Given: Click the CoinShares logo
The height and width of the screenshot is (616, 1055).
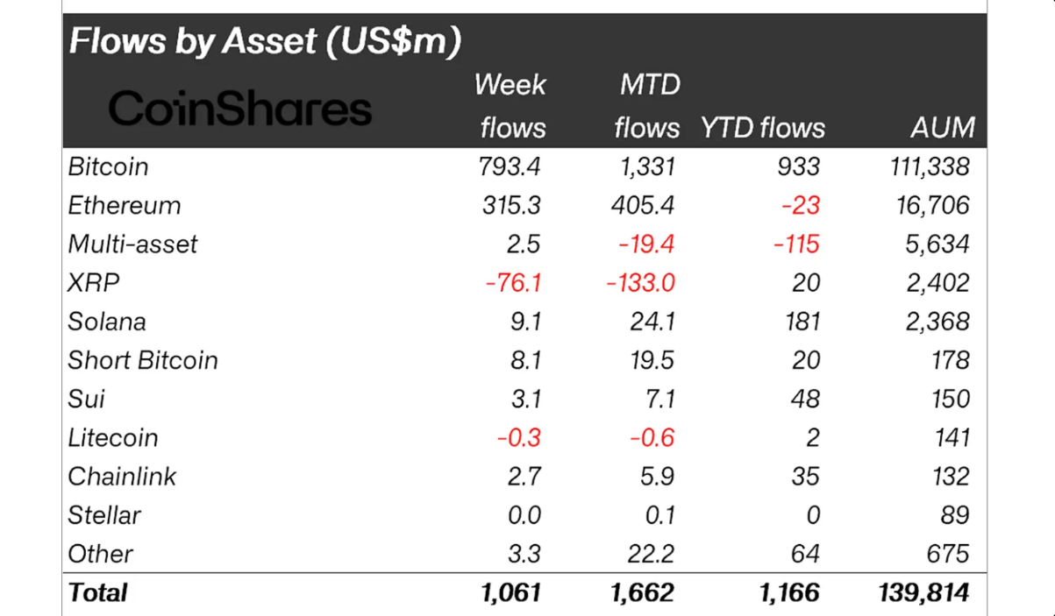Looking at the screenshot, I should click(239, 110).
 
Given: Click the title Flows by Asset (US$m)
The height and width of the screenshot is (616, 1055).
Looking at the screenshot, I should click(265, 41).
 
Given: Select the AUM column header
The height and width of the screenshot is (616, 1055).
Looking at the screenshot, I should click(942, 128).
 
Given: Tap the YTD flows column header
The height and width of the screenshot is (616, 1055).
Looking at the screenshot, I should click(762, 128).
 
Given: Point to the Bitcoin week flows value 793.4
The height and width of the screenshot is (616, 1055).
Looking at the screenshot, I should click(511, 166).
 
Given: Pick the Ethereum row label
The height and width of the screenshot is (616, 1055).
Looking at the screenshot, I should click(124, 205).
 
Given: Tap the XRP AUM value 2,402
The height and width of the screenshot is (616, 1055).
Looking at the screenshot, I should click(938, 283).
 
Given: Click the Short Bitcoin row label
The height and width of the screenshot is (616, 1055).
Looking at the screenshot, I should click(142, 360).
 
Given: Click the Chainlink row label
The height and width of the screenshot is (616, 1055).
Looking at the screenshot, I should click(122, 476).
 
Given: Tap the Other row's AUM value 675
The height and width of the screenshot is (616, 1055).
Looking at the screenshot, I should click(951, 554).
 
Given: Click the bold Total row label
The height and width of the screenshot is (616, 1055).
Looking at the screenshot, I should click(97, 592).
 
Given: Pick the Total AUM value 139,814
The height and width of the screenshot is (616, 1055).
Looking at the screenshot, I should click(923, 592).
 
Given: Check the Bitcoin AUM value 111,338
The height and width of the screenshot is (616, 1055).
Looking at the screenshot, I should click(930, 166).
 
